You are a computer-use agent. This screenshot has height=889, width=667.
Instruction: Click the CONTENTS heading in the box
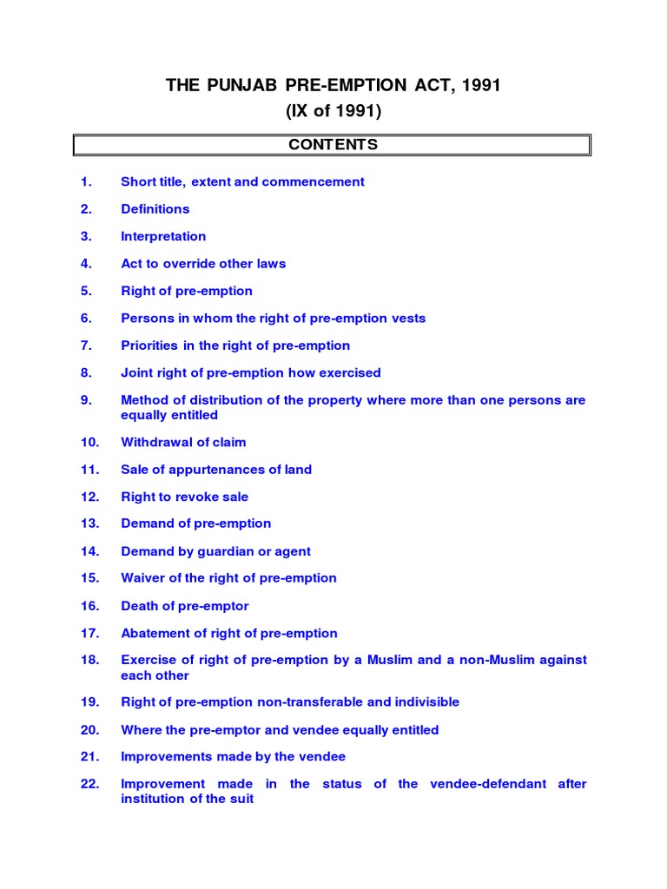point(333,145)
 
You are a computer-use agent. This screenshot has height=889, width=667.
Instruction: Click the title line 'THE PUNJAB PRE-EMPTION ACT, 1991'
point(333,86)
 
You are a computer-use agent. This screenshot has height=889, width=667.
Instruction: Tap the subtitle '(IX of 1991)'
point(333,111)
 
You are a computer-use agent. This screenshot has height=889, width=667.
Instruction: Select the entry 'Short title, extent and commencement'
point(242,181)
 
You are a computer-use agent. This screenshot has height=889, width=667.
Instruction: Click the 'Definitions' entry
point(155,209)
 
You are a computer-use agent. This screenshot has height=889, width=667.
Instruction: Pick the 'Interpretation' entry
point(163,236)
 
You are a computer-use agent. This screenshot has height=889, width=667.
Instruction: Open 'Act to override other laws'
point(203,263)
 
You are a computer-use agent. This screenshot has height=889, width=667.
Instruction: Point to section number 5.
point(86,291)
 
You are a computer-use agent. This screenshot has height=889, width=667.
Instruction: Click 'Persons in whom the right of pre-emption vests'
point(273,318)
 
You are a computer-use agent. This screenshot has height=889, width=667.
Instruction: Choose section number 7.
point(86,346)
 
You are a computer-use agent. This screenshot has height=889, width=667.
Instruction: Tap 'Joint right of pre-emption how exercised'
point(250,372)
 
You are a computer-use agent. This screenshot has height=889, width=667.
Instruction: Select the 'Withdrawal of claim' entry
point(183,442)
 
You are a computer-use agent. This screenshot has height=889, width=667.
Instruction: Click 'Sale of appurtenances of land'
point(216,470)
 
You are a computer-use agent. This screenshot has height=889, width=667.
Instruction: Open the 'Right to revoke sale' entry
point(184,497)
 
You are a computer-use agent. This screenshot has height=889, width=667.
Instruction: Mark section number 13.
point(89,524)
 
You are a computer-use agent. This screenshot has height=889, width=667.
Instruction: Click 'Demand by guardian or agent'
point(215,551)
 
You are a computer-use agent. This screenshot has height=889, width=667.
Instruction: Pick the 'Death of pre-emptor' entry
point(184,606)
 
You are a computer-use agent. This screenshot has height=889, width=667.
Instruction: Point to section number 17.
point(89,633)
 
